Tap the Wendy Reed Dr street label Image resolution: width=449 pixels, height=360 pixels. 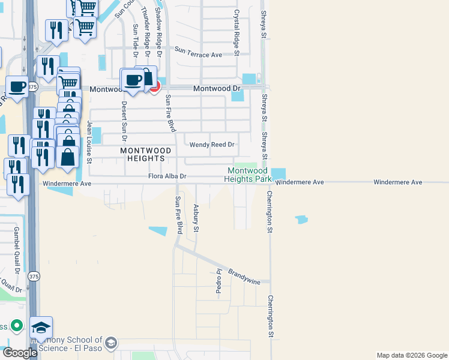point(212,145)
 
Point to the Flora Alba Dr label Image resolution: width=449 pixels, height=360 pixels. point(169,176)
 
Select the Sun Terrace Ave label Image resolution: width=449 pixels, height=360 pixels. point(199,55)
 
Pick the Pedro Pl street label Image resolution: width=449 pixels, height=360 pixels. point(218,281)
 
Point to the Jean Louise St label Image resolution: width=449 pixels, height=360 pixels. point(89,142)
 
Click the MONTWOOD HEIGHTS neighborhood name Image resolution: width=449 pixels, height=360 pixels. point(142,154)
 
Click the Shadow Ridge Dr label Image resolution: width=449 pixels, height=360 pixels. point(159,25)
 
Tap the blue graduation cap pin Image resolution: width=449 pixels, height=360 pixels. point(41,328)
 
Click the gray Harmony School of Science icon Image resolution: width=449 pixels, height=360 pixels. point(110,343)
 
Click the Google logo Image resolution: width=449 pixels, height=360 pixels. point(19,353)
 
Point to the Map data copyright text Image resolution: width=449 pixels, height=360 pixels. point(411,355)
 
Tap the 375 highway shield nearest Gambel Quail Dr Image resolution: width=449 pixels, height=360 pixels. point(34,276)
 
